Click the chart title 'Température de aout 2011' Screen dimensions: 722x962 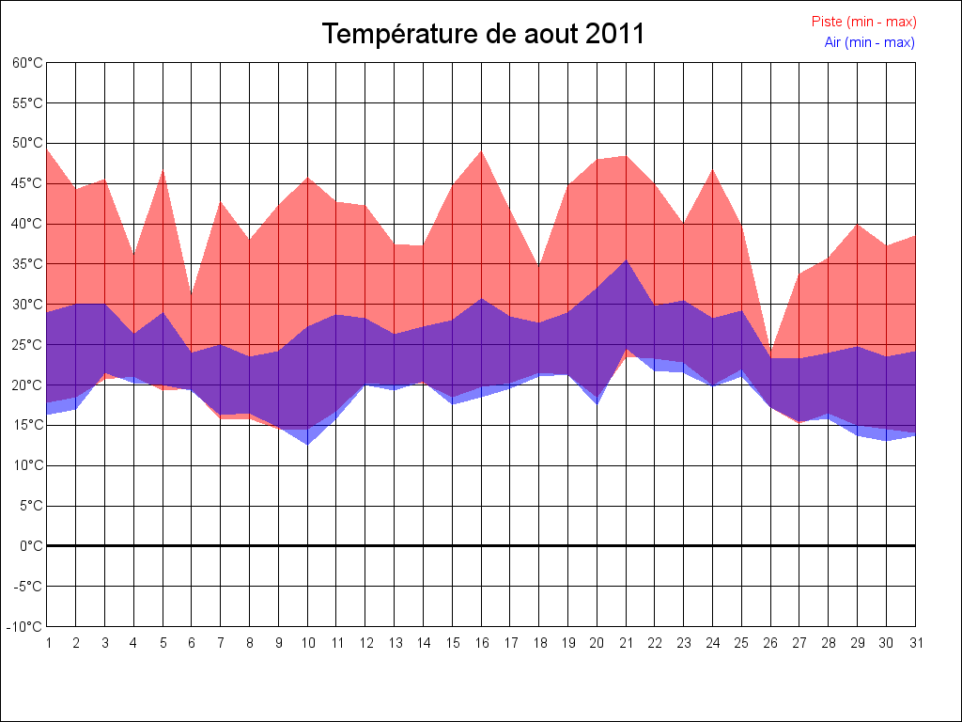click(483, 34)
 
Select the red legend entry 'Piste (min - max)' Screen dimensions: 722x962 click(863, 22)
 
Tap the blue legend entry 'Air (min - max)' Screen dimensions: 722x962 click(869, 42)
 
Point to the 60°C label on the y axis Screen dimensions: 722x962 click(27, 63)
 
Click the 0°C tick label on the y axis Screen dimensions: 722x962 click(31, 546)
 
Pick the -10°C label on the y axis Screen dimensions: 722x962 click(25, 627)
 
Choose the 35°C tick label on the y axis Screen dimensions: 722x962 click(27, 264)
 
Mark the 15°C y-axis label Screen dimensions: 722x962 click(27, 425)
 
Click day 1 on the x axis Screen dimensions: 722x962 click(47, 643)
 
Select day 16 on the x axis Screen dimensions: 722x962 click(481, 643)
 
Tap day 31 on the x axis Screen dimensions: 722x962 click(915, 643)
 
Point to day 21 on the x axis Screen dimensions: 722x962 click(626, 643)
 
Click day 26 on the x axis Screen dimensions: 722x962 click(770, 643)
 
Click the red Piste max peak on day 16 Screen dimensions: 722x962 click(481, 151)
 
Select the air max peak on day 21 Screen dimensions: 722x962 click(626, 260)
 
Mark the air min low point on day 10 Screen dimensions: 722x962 click(307, 444)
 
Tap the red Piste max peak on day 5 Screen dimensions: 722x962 click(163, 171)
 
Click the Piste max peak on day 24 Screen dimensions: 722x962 click(712, 170)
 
